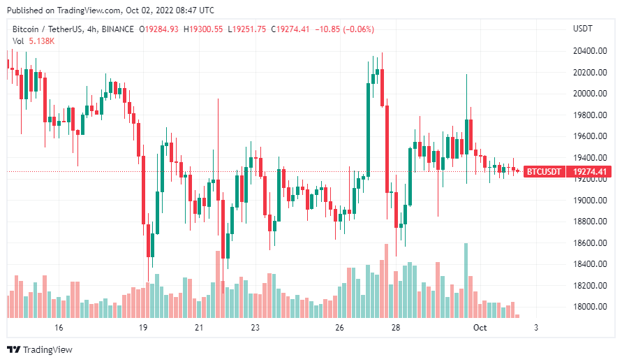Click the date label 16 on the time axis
click(59, 327)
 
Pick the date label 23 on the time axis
click(256, 327)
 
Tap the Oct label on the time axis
click(480, 327)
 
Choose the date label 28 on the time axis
click(396, 327)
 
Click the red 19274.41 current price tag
click(588, 171)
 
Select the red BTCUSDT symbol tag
click(543, 171)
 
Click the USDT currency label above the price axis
click(582, 29)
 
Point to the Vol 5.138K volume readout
click(34, 41)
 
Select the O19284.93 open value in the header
click(158, 29)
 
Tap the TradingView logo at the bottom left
click(40, 349)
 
